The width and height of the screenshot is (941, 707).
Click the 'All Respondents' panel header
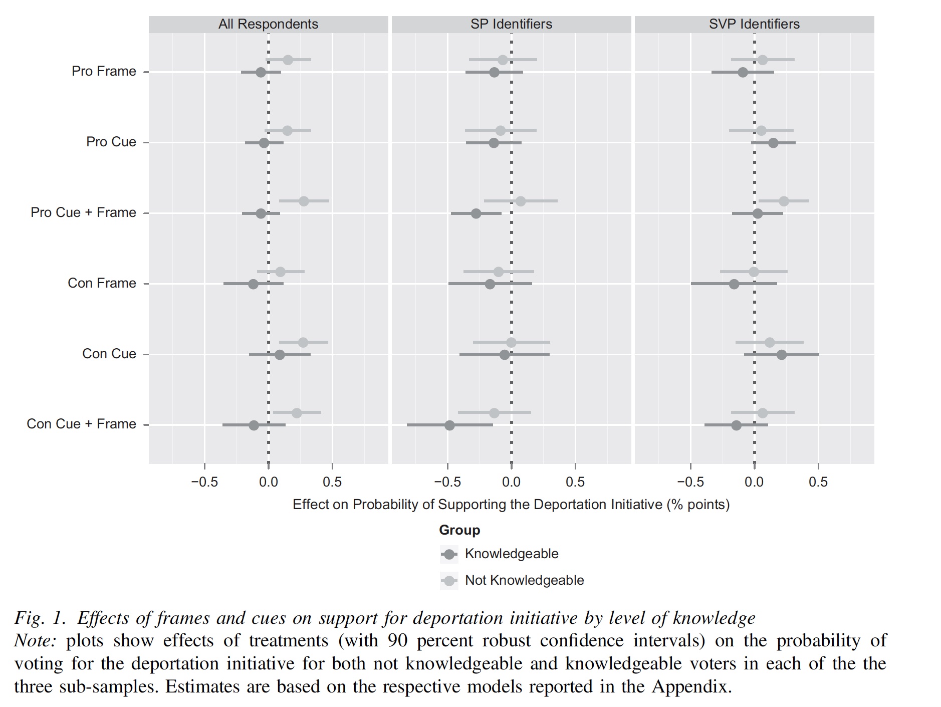[x=268, y=24]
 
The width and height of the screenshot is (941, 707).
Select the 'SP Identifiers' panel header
[x=511, y=24]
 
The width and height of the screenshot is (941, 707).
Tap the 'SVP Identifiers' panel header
[x=754, y=24]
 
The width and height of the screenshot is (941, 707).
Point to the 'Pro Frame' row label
[x=104, y=71]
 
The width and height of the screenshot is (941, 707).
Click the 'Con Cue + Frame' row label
[x=81, y=424]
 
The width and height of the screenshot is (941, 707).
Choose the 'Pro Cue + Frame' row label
[x=83, y=212]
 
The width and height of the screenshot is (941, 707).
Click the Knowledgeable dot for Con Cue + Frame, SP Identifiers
[x=449, y=425]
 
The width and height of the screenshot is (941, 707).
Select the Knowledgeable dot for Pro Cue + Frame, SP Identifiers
[x=476, y=214]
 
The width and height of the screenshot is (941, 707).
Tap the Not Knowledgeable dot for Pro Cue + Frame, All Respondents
[x=304, y=201]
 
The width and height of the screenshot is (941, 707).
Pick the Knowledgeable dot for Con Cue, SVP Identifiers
[x=781, y=355]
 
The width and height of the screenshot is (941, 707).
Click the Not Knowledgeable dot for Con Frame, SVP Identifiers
[x=754, y=272]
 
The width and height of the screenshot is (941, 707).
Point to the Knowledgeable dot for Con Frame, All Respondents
[x=253, y=284]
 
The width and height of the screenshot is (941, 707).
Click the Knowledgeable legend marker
[x=449, y=555]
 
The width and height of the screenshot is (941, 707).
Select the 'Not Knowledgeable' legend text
[x=524, y=580]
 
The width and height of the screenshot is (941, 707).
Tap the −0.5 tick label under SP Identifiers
[x=447, y=482]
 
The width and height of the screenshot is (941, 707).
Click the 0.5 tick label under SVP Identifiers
[x=818, y=482]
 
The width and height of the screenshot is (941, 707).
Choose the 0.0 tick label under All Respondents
[x=269, y=482]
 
